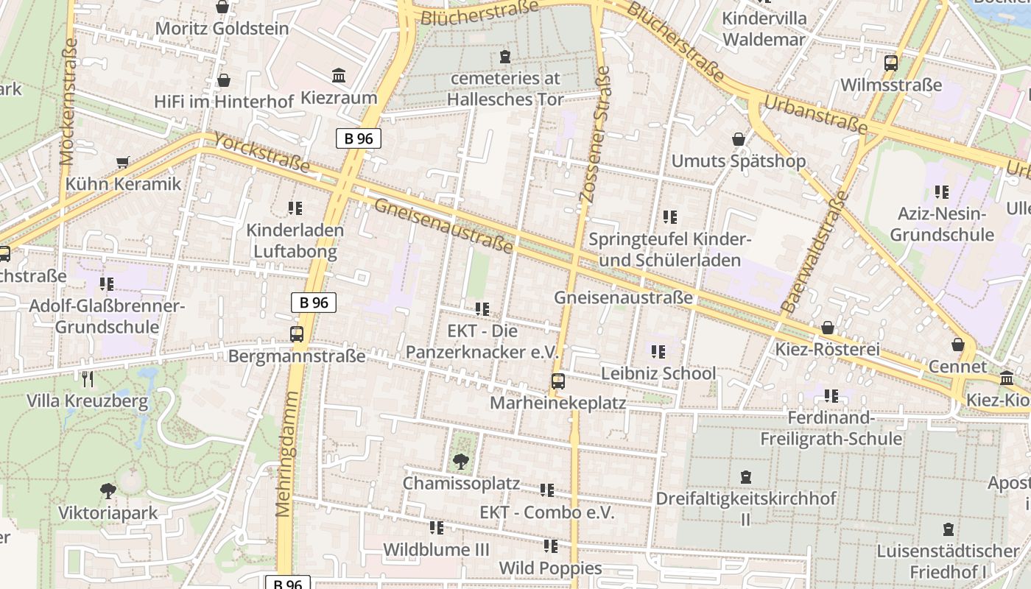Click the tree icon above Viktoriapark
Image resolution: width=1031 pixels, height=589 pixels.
[x=108, y=490]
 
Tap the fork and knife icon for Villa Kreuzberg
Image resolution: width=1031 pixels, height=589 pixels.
[x=88, y=379]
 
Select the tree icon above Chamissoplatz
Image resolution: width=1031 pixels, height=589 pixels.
[x=461, y=462]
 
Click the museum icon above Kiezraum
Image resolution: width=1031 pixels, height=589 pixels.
[x=339, y=75]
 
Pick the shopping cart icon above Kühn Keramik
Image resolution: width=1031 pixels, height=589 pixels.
[x=123, y=162]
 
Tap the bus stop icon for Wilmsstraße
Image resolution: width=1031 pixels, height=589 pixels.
[x=891, y=63]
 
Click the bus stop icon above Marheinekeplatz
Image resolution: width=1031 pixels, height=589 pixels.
[x=558, y=381]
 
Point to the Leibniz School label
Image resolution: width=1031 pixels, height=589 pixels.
[x=658, y=373]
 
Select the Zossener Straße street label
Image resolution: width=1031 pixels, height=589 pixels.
[x=594, y=135]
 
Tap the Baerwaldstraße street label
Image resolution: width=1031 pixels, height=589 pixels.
[x=814, y=251]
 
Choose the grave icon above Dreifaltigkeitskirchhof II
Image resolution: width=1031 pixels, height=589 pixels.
[x=746, y=477]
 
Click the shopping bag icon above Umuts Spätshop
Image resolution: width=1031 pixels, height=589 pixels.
[x=739, y=139]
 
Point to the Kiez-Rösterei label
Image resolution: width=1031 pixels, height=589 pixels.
[x=827, y=349]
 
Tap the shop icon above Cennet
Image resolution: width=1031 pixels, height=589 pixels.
[x=957, y=345]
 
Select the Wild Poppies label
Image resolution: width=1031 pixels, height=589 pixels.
[x=550, y=568]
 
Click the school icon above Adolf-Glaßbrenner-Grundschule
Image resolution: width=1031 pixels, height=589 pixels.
[x=107, y=284]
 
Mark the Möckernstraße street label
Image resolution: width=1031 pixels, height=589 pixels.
[x=68, y=102]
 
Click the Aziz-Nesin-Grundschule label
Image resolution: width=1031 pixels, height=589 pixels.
[x=941, y=225]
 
